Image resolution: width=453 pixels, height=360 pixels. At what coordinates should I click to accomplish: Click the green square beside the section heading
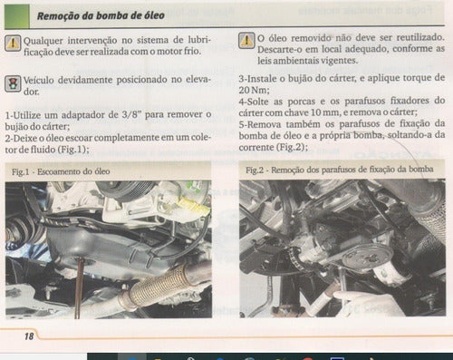pos(16,16)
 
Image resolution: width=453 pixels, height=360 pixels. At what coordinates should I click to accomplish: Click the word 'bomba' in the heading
pos(111,15)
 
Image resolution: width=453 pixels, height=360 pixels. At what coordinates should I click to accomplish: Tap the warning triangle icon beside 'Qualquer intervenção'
pos(13,43)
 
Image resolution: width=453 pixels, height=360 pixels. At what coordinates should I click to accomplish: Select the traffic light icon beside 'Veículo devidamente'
pos(13,83)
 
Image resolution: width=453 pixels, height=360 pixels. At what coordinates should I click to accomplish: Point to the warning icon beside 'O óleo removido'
pos(246,41)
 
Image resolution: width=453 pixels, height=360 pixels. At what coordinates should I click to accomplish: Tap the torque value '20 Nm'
pos(254,90)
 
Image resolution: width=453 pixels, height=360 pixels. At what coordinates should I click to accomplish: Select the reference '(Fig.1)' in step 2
pos(73,150)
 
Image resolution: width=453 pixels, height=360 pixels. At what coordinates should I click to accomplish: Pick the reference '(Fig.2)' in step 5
pos(292,147)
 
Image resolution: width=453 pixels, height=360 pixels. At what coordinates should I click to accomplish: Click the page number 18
pos(29,336)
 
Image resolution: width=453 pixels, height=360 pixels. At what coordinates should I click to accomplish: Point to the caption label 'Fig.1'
pos(21,171)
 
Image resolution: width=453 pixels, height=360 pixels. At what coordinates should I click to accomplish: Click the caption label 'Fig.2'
pos(255,170)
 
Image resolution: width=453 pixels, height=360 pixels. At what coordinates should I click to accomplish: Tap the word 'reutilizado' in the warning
pos(420,37)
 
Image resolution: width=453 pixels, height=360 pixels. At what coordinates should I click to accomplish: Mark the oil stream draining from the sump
pos(80,287)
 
